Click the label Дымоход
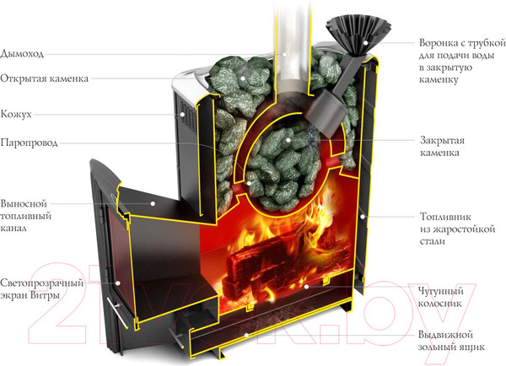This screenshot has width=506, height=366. pos(23,53)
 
